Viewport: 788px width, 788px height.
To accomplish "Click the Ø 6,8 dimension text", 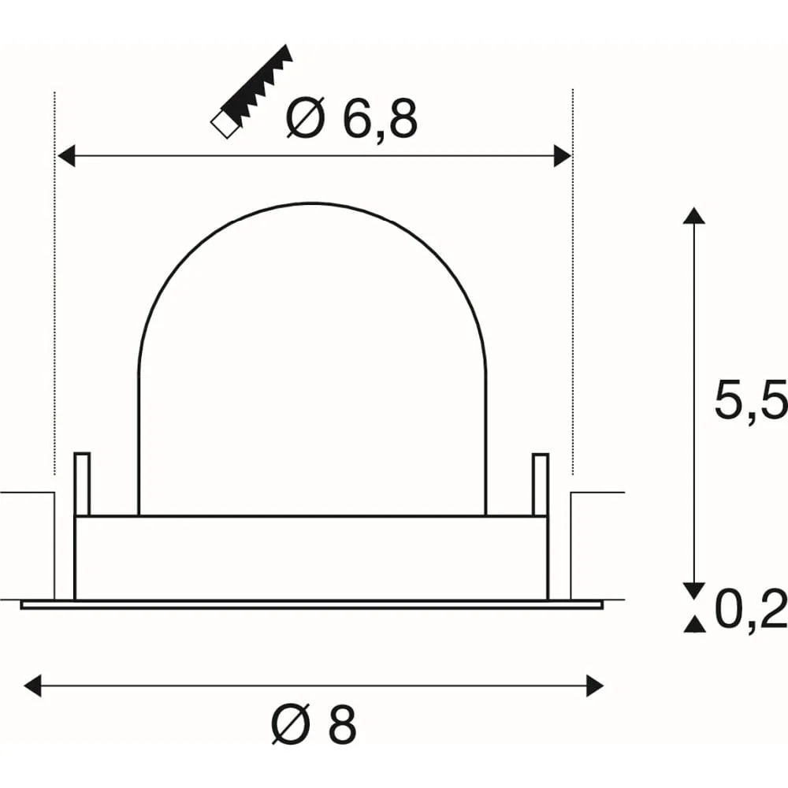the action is point(351,119).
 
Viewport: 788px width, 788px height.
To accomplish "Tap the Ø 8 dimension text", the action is point(314,725).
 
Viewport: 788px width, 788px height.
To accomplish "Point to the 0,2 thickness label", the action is point(751,609).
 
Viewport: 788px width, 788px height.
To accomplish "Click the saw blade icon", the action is point(251,91).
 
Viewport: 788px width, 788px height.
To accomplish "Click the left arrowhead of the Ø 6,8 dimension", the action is point(66,156).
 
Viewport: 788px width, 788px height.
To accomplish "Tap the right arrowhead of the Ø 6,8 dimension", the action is point(563,156).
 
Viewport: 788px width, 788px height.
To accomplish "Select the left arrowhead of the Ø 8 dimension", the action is point(32,686).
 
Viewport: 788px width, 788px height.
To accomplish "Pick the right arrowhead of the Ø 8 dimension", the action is point(594,686).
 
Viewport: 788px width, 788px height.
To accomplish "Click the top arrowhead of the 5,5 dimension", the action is point(694,215).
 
